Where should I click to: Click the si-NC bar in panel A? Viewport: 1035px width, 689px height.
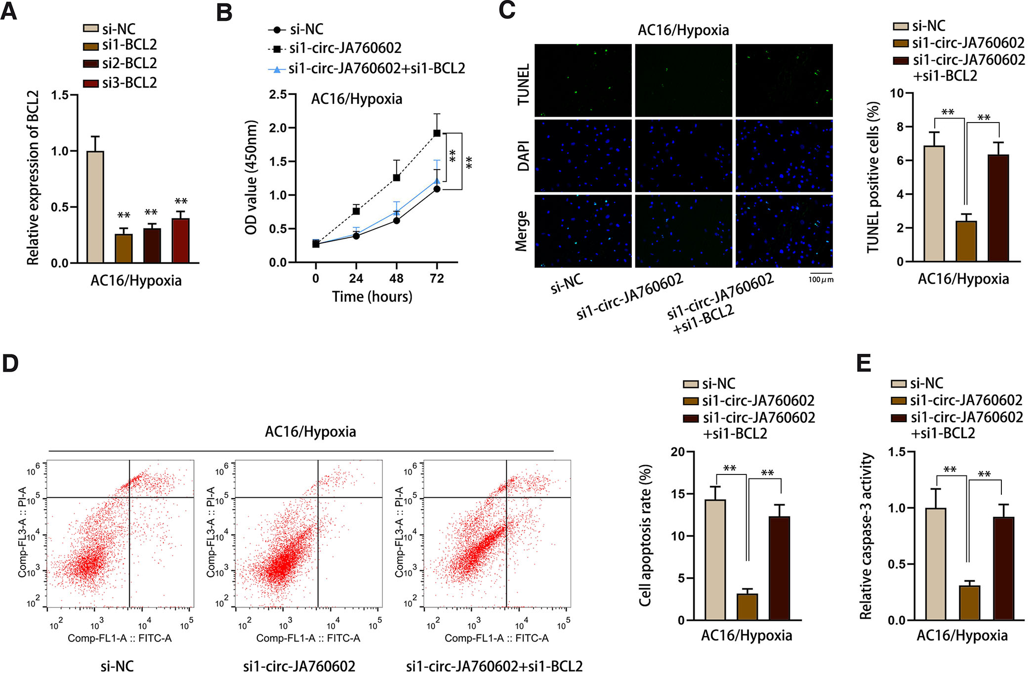(x=95, y=207)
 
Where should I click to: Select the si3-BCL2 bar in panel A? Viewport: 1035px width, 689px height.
(x=180, y=241)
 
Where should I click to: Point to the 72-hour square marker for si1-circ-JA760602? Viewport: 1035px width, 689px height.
(x=437, y=133)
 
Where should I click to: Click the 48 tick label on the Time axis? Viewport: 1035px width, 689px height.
(x=396, y=279)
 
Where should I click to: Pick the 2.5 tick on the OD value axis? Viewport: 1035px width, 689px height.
(x=278, y=94)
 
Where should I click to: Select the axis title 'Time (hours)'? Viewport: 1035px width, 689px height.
(x=372, y=297)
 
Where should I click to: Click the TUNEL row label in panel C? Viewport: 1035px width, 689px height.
(x=523, y=84)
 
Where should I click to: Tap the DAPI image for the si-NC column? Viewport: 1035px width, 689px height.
(x=583, y=156)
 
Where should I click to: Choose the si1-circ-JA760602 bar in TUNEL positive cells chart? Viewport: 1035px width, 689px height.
(x=966, y=241)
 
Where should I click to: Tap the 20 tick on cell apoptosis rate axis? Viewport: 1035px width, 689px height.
(x=678, y=452)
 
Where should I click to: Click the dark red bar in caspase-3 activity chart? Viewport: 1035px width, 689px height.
(x=1003, y=568)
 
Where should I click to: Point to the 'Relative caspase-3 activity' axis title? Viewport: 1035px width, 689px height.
(x=866, y=536)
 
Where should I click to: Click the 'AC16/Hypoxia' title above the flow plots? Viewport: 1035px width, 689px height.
(x=310, y=432)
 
